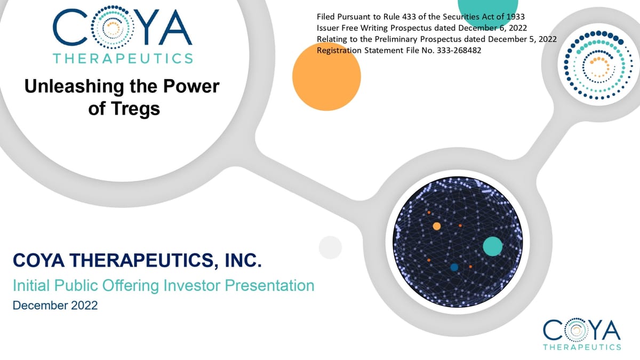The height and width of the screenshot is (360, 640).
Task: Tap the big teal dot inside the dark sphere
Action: [x=492, y=246]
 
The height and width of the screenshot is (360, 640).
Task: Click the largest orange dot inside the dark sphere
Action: [x=437, y=226]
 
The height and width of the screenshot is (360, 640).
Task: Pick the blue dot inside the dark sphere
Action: [x=454, y=267]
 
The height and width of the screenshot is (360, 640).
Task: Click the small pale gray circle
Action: [x=330, y=247]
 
